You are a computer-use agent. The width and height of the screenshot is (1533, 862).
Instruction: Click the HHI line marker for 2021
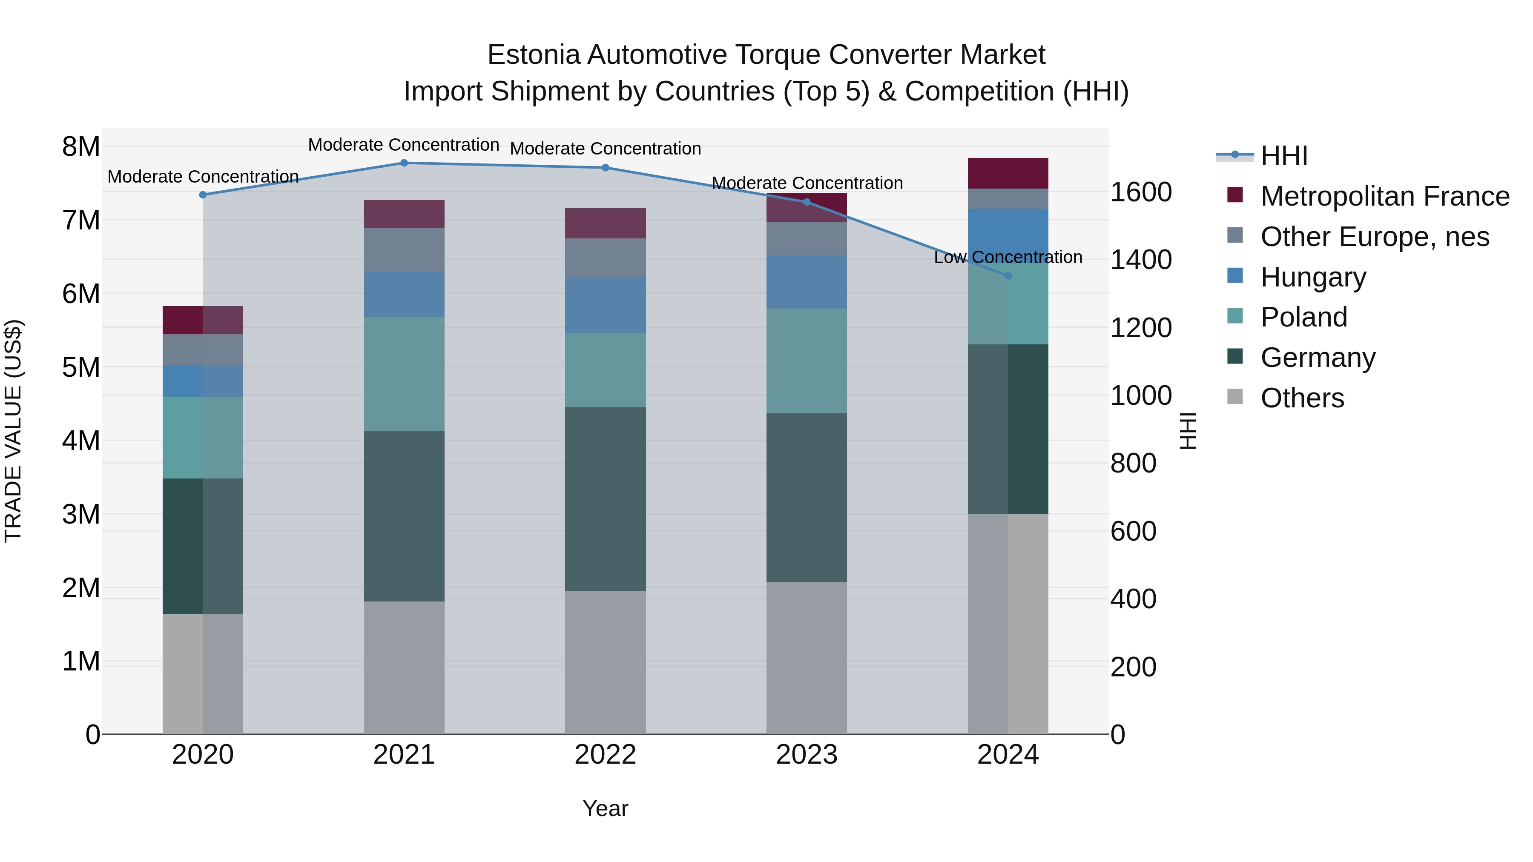click(404, 163)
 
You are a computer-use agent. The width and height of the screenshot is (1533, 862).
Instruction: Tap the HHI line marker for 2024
click(1008, 276)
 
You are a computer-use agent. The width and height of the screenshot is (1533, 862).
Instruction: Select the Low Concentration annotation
click(1008, 258)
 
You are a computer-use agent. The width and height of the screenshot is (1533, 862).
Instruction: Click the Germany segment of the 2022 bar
click(605, 498)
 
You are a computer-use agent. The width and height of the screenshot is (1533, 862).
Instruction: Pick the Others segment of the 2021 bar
click(404, 667)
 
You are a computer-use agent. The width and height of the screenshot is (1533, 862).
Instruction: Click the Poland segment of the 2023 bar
click(807, 361)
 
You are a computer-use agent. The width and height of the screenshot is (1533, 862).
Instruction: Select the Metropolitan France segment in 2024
click(1008, 173)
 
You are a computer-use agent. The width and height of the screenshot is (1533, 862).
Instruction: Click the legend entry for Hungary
click(1313, 277)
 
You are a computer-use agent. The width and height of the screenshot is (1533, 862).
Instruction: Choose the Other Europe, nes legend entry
click(1374, 237)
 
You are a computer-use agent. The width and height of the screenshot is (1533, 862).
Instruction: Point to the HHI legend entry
click(1283, 156)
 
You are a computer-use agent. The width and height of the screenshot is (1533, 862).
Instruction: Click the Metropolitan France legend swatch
click(1235, 195)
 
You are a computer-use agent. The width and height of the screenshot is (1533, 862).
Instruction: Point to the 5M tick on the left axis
click(81, 368)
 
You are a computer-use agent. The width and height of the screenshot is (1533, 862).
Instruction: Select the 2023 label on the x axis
click(807, 755)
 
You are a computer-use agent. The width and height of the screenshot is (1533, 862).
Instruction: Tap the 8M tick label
click(81, 146)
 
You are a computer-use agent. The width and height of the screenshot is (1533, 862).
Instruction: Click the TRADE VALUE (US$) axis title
click(13, 431)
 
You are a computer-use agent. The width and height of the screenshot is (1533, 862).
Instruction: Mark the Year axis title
click(605, 808)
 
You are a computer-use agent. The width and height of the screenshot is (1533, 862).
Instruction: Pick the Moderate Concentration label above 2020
click(203, 177)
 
